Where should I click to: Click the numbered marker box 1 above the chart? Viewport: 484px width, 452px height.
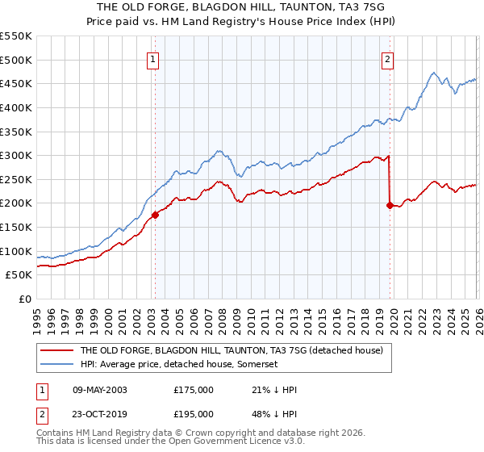point(153,58)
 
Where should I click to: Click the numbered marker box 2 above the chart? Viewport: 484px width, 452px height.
point(388,58)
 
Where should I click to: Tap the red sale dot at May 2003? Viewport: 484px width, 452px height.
point(155,215)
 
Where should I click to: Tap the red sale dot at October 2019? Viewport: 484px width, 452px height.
point(390,205)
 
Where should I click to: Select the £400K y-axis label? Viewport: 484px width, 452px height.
point(16,107)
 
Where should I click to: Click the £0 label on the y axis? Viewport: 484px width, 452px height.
point(25,299)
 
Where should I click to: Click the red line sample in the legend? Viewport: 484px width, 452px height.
point(57,351)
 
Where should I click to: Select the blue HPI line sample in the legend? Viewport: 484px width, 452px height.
point(57,364)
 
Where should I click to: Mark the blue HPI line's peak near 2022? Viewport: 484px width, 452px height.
point(433,73)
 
